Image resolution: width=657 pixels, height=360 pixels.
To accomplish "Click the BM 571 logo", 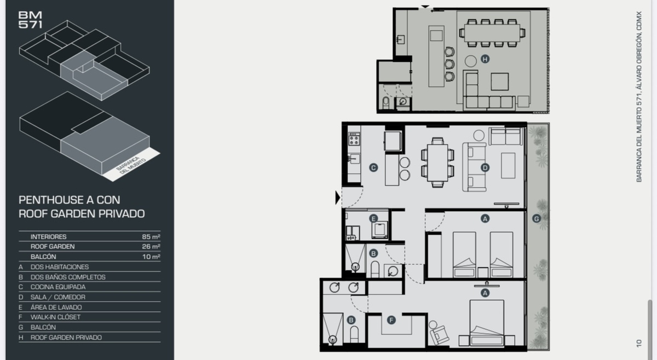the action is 30,20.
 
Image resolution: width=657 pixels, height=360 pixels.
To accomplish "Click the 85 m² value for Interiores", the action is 151,236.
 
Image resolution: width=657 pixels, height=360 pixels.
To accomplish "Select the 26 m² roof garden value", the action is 151,247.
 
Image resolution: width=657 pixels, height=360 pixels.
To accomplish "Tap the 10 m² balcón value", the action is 151,257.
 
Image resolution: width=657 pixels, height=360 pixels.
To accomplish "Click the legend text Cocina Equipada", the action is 58,287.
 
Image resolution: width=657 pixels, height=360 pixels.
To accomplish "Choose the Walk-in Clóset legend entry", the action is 55,317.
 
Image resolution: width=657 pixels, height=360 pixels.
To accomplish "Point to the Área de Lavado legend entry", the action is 56,307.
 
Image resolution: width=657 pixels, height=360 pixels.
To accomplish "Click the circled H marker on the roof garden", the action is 485,59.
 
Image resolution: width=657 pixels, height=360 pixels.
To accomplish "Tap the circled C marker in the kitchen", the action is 373,167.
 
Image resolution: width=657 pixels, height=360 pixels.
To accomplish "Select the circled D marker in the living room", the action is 485,167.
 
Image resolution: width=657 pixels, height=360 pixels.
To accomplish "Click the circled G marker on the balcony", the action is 537,218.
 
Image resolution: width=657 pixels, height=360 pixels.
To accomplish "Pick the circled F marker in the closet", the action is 391,320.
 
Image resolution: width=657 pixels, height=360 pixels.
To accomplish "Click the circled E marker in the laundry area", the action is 373,218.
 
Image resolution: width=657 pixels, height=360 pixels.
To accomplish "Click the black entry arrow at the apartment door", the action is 338,198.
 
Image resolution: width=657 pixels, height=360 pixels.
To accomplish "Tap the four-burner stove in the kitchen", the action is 354,138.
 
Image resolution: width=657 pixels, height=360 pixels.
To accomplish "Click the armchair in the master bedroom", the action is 439,334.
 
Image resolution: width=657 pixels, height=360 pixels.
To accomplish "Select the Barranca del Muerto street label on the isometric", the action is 131,165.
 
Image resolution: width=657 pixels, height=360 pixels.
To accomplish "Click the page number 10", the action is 639,343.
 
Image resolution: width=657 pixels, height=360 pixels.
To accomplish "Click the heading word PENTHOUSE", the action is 51,200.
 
